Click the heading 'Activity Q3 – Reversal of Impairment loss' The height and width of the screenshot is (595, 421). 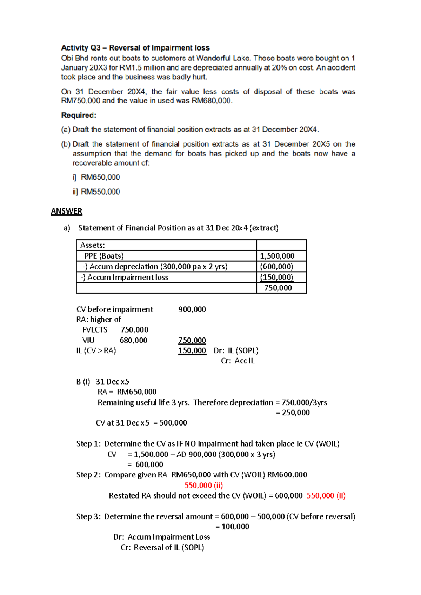point(135,48)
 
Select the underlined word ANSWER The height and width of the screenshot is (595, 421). point(66,211)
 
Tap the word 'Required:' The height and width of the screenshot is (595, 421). point(79,115)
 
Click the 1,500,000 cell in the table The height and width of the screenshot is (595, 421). point(277,256)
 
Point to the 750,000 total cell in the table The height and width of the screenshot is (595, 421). point(278,288)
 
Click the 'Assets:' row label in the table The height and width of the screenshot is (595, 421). point(93,245)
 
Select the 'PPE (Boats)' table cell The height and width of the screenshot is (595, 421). point(104,256)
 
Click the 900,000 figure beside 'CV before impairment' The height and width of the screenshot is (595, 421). point(192,309)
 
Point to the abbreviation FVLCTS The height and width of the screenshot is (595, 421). point(95,330)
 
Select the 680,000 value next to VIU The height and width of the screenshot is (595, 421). point(133,340)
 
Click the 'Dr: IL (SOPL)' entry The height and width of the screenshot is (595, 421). point(236,350)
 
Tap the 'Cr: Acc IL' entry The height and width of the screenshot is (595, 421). point(238,361)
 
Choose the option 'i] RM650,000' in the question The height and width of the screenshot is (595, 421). point(96,177)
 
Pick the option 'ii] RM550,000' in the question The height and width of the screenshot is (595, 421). point(96,192)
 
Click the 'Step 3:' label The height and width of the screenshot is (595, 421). point(88,516)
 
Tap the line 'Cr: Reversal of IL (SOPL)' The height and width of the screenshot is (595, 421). point(162,548)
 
